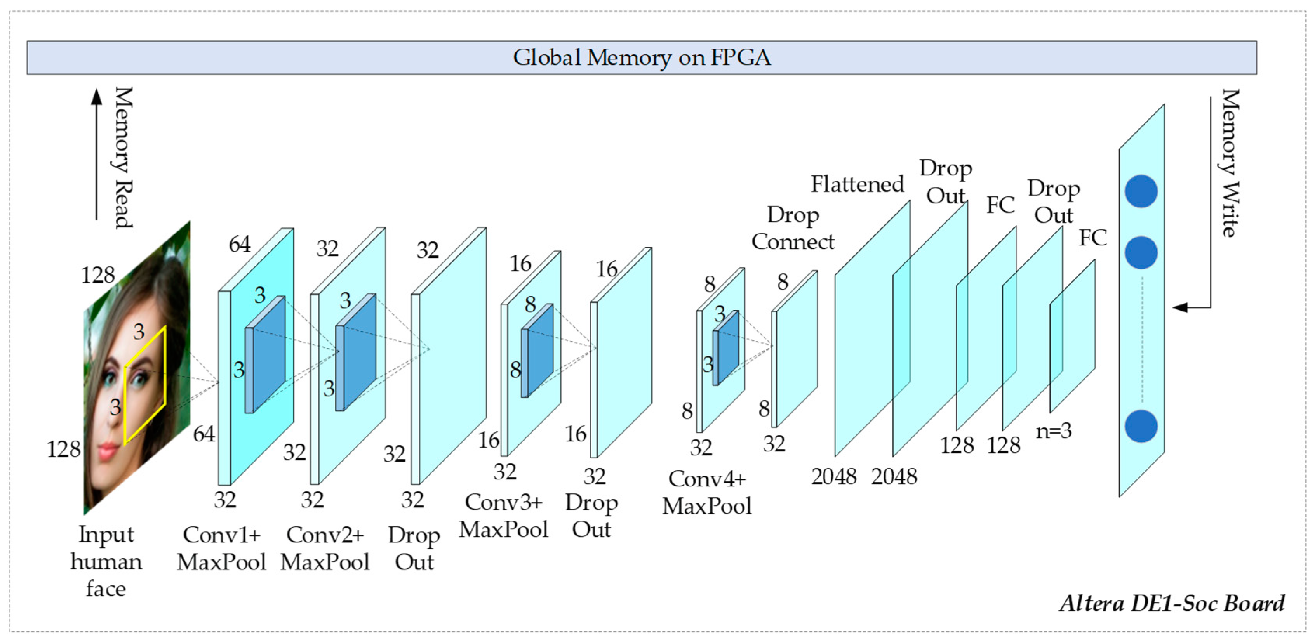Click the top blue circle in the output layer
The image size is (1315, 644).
1141,191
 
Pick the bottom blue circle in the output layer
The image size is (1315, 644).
1141,426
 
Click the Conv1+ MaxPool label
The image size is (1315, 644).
221,548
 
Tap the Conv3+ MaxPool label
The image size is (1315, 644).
503,516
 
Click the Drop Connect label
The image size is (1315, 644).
793,228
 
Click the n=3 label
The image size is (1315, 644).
1054,431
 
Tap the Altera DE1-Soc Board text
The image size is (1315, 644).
1172,603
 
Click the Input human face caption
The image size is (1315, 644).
106,561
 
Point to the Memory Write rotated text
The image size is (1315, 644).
1230,163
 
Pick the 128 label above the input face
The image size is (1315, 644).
98,276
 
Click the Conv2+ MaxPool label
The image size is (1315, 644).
325,548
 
